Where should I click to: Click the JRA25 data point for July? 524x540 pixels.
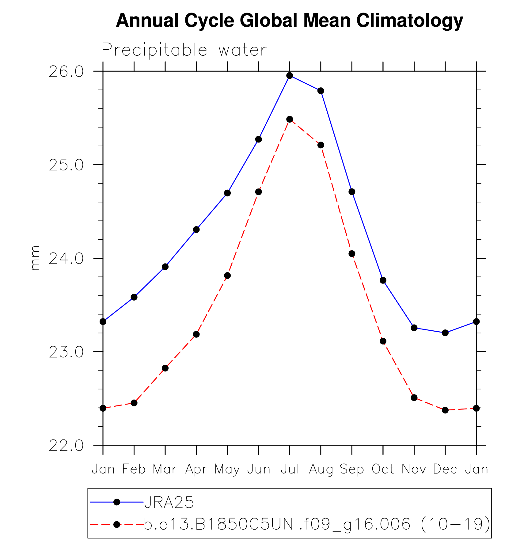point(290,76)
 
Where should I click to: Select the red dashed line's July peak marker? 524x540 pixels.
point(290,119)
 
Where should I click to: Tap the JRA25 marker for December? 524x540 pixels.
point(445,333)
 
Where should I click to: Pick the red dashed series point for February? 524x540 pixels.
point(134,403)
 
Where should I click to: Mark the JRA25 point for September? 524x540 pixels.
point(352,192)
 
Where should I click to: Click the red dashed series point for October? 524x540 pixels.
point(383,341)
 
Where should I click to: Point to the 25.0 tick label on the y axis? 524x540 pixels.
point(66,165)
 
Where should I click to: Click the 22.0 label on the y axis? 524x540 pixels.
point(66,446)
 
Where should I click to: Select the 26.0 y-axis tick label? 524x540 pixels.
point(66,72)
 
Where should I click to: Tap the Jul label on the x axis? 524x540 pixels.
point(290,469)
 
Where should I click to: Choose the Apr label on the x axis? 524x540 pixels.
point(196,469)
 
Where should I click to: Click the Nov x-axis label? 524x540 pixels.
point(414,469)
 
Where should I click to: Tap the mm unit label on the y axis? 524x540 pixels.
point(35,258)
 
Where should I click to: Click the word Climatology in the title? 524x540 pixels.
point(409,21)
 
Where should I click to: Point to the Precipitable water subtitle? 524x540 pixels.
point(184,50)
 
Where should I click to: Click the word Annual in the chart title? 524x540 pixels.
point(147,21)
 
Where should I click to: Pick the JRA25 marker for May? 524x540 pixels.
point(227,193)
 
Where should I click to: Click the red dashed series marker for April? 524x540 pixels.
point(196,334)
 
